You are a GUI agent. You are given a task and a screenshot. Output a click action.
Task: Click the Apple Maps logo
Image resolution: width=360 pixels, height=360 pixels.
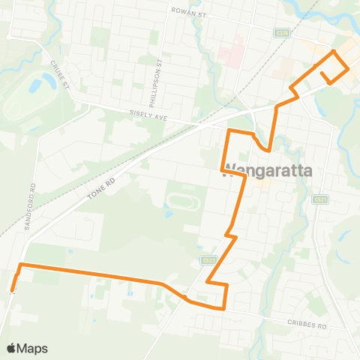pos(26,348)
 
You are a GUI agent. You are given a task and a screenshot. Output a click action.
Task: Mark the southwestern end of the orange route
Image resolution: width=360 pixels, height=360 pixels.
pos(12,290)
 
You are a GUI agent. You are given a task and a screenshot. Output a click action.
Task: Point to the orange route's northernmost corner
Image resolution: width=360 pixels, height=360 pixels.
pos(333,52)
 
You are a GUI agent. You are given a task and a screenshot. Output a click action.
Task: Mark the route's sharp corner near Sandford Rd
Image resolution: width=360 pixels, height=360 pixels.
pos(20,265)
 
